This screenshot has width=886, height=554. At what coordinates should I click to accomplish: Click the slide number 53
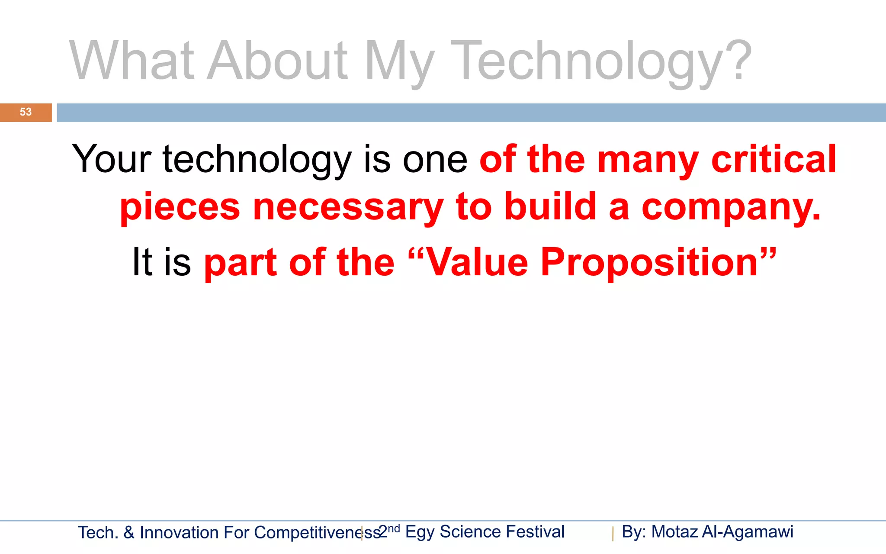tap(26, 112)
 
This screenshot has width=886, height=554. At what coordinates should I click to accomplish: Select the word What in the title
tap(132, 61)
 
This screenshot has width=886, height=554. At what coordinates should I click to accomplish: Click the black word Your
tap(112, 159)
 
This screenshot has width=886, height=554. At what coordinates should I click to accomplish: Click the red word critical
tap(774, 159)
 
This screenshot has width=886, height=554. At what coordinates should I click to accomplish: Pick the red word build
tap(550, 207)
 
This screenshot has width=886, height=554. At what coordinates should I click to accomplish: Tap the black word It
tap(142, 262)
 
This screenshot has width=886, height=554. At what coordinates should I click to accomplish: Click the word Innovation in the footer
tap(179, 533)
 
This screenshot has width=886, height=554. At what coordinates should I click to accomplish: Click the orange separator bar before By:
tap(613, 534)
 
